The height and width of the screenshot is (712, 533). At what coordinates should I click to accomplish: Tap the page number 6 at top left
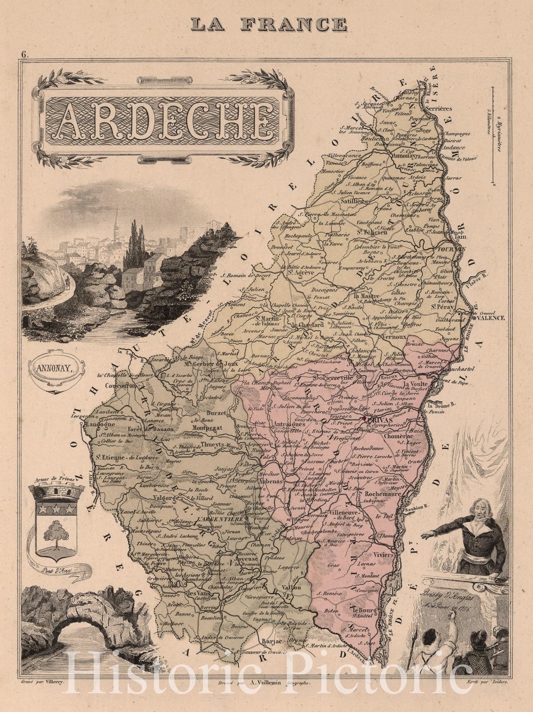[x=24, y=55]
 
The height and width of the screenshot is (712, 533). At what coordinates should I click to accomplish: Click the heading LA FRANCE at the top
[x=269, y=23]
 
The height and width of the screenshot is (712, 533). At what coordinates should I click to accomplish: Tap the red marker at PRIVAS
[x=364, y=419]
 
